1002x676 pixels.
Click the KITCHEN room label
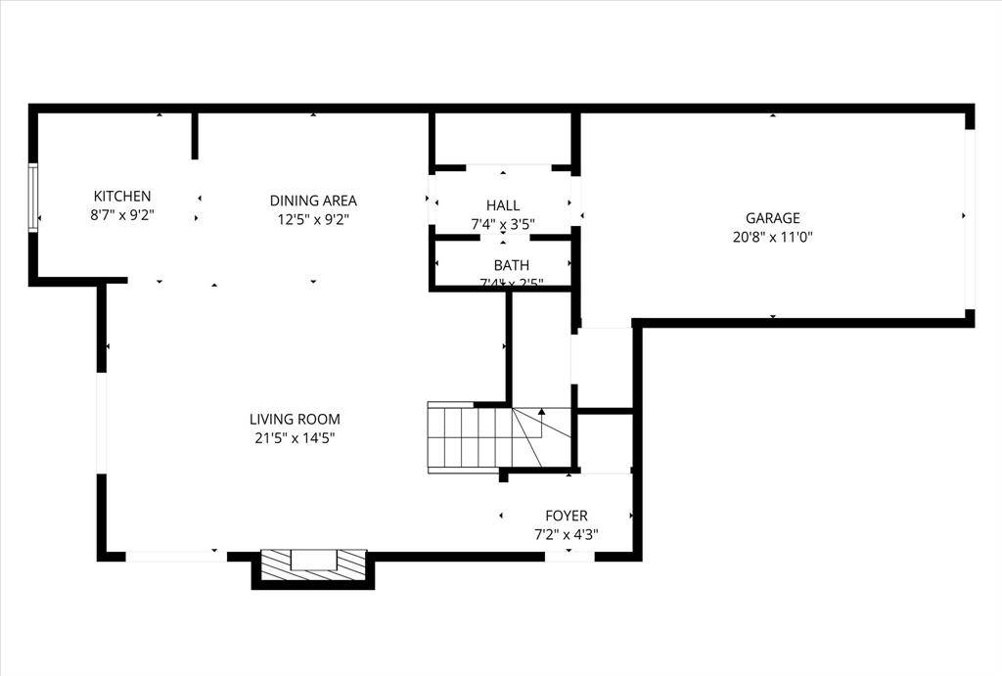[x=122, y=197]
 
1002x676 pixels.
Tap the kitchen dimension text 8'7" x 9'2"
[x=122, y=215]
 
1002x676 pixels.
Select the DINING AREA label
[x=313, y=201]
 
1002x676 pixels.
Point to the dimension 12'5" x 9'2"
[x=313, y=220]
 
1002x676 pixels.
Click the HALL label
[x=503, y=205]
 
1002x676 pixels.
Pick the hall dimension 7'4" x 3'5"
[x=503, y=224]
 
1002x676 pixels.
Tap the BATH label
[x=511, y=265]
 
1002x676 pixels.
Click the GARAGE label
[x=772, y=218]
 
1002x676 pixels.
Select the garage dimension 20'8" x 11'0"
[x=772, y=237]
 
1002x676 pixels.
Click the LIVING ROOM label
[x=295, y=419]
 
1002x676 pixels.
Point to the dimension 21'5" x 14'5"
[x=295, y=438]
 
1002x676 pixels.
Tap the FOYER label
[x=567, y=516]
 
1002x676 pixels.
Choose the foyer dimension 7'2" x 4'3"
[x=567, y=534]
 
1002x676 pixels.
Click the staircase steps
[x=470, y=437]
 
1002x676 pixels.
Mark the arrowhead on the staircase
[x=541, y=413]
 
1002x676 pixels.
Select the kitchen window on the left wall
[x=33, y=198]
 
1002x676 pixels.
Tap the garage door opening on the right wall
[x=970, y=219]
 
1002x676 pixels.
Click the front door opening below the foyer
[x=569, y=556]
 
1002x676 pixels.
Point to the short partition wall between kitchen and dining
[x=195, y=136]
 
